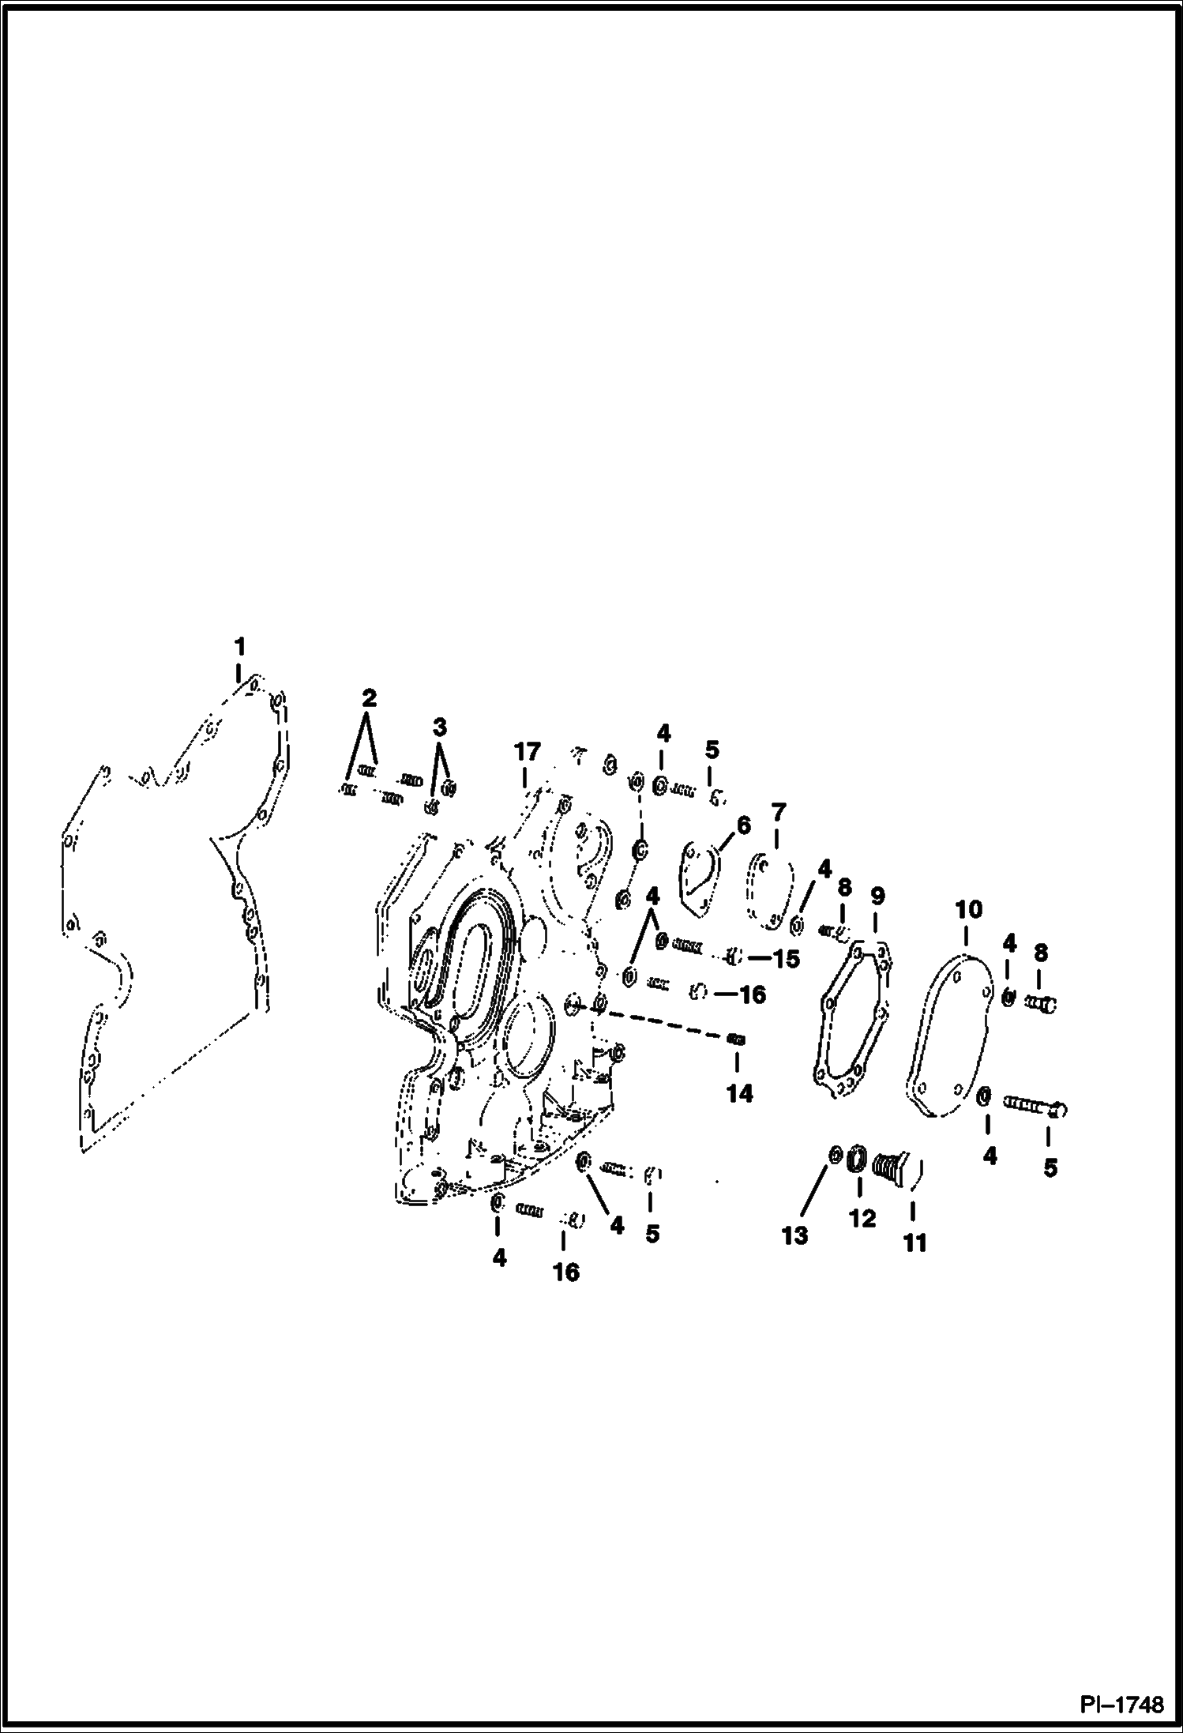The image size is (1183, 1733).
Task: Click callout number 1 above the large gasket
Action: tap(239, 647)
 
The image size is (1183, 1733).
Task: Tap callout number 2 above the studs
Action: tap(369, 698)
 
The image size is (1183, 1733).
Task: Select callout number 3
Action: tap(440, 727)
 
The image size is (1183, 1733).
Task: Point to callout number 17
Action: tap(528, 751)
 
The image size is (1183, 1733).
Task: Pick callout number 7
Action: tap(779, 812)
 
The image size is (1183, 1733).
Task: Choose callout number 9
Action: tap(877, 897)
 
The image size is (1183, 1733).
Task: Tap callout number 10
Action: tap(969, 910)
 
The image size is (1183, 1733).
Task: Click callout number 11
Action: tap(914, 1243)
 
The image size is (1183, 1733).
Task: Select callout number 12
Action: tap(862, 1219)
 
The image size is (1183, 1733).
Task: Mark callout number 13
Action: tap(795, 1235)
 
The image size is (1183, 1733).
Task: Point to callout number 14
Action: tap(740, 1094)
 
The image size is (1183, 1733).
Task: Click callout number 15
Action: tap(784, 959)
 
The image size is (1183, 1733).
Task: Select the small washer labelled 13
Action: tap(834, 1156)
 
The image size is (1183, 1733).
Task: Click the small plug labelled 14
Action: tap(736, 1039)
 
